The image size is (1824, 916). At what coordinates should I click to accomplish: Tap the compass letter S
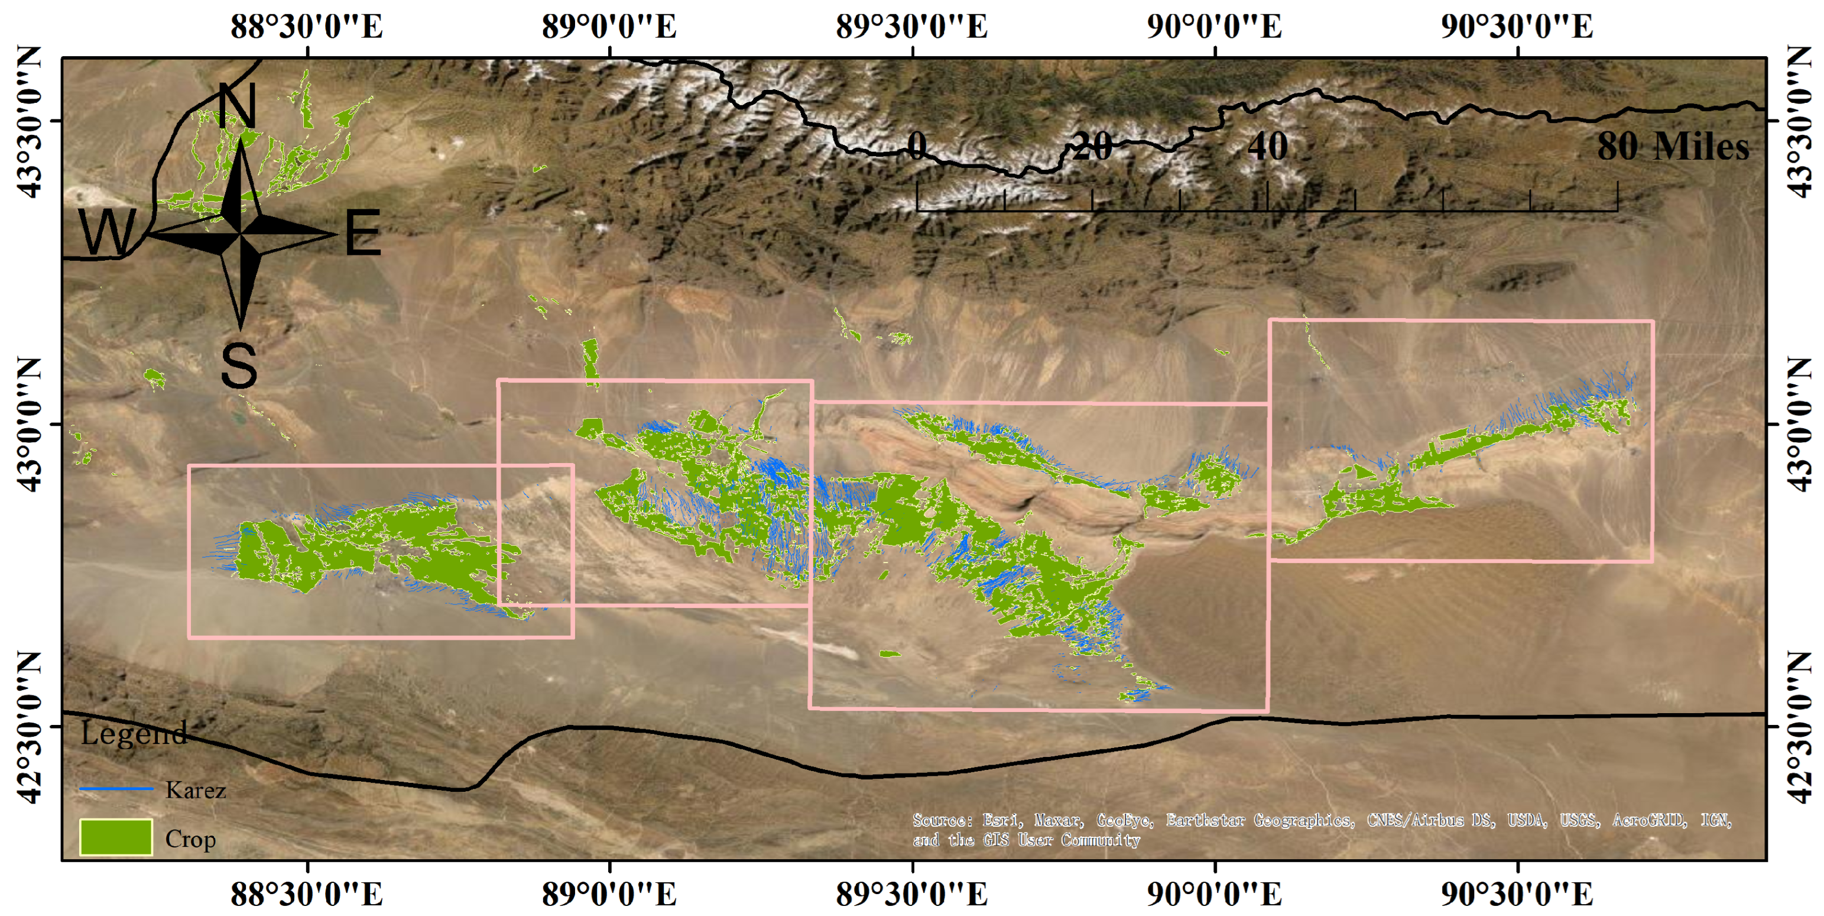(x=239, y=365)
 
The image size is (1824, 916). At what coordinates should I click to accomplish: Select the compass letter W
(x=107, y=232)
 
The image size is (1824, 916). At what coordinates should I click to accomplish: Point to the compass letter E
(x=362, y=232)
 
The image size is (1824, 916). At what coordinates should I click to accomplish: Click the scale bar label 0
(x=916, y=146)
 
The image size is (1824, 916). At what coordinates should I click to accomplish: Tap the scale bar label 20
(x=1092, y=147)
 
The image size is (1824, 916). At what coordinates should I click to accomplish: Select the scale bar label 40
(x=1267, y=147)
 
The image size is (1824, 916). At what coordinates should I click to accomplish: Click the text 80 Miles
(x=1673, y=147)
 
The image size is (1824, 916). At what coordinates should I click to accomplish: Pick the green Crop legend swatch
(x=115, y=837)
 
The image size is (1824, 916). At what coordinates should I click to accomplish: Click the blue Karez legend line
(x=115, y=788)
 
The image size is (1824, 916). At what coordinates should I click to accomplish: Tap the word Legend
(x=133, y=733)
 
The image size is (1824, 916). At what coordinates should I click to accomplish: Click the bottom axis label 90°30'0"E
(x=1517, y=894)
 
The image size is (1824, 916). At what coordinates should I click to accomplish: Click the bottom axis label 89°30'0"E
(x=912, y=894)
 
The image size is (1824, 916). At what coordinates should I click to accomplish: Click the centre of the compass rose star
(x=241, y=232)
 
